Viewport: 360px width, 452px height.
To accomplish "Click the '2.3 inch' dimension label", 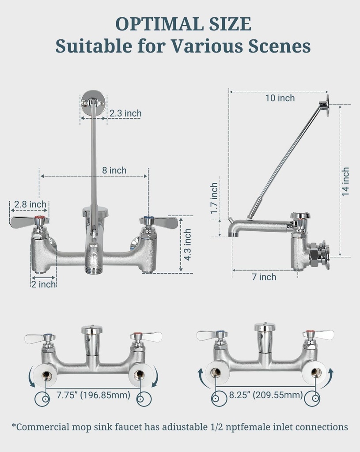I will coord(125,113).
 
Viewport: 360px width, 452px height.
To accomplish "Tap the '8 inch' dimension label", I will coord(115,170).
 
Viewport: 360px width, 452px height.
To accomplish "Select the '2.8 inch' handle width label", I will coord(30,204).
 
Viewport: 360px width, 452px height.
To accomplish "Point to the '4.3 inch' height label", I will coord(188,245).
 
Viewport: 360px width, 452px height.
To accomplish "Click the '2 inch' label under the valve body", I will coord(43,284).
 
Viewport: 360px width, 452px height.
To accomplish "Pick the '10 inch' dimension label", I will coord(280,98).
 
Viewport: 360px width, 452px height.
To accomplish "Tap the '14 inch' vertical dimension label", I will coord(345,181).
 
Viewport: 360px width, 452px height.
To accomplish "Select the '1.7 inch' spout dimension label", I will coord(215,199).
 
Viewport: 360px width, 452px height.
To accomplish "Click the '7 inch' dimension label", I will coord(264,277).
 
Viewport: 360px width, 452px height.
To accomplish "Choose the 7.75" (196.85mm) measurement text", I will coord(93,395).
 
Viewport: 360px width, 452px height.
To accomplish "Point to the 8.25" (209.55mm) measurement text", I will coord(265,395).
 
